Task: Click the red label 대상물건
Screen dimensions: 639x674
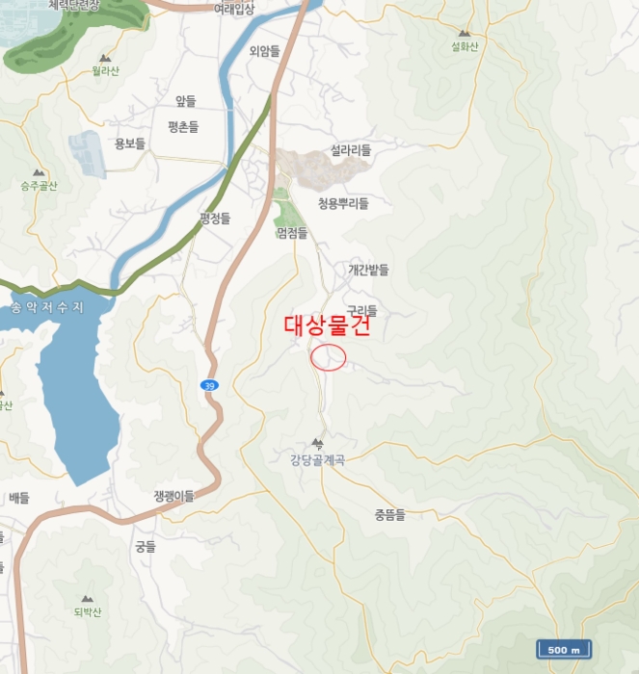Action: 327,325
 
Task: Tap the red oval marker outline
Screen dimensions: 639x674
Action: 329,357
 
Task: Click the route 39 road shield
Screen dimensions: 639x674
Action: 209,385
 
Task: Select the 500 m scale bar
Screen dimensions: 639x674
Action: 564,650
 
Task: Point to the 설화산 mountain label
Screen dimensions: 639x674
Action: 465,45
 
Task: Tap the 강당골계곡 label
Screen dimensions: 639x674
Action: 317,459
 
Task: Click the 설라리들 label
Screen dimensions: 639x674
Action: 350,150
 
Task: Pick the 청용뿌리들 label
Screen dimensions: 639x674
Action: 343,203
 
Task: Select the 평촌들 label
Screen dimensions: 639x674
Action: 182,126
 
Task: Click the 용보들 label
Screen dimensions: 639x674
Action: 129,143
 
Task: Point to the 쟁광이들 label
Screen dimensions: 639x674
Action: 173,496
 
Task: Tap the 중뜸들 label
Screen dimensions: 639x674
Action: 390,515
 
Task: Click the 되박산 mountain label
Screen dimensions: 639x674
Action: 87,611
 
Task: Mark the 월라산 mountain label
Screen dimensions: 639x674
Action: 105,70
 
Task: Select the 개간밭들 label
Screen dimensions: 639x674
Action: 368,271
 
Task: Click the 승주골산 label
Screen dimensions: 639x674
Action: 39,185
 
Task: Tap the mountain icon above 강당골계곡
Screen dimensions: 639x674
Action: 317,444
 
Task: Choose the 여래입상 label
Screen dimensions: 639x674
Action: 234,9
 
